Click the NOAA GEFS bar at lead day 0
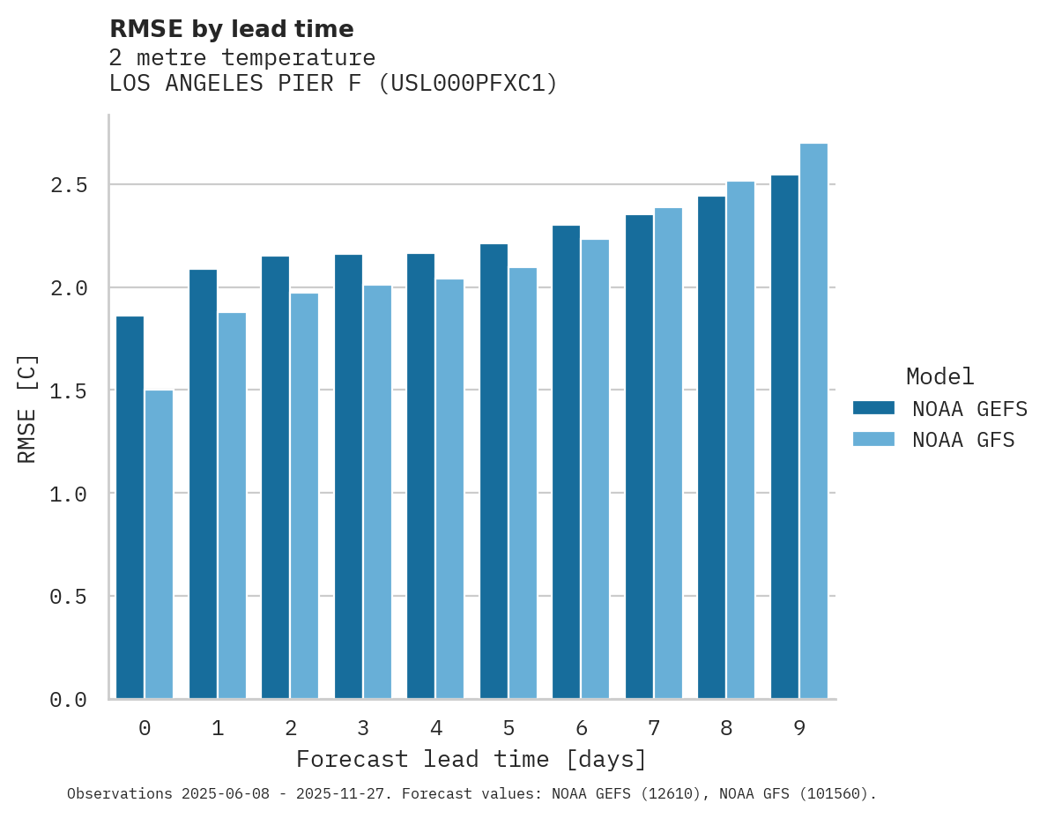pos(130,507)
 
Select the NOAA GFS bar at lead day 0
pos(159,544)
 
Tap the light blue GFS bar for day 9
pos(813,420)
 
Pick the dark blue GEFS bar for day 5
pos(494,471)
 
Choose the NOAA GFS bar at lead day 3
pos(377,492)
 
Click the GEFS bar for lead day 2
pos(275,477)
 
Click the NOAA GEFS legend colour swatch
pos(873,408)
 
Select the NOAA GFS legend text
pos(963,440)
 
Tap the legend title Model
pos(940,376)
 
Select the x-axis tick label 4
pos(435,728)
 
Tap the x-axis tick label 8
pos(726,728)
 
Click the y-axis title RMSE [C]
pos(28,407)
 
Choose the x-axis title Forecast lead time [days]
pos(472,759)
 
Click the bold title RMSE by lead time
pos(231,29)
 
